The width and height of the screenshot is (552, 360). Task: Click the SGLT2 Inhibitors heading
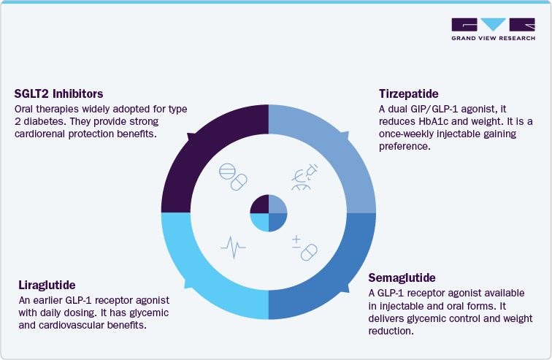click(58, 94)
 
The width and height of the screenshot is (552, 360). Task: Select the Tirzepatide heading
click(408, 94)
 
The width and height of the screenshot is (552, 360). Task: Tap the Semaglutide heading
click(402, 278)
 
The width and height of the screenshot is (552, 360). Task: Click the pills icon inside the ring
click(232, 177)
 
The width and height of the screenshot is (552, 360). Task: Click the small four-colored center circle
click(269, 213)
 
